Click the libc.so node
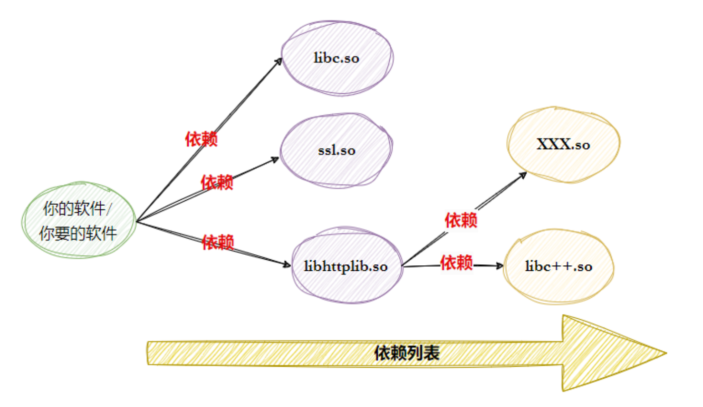[336, 58]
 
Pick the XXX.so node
[564, 145]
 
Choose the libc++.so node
[558, 266]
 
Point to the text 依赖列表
[407, 353]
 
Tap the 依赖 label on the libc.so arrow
[201, 139]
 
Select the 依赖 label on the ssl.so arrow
[217, 182]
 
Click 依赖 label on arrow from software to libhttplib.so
[218, 243]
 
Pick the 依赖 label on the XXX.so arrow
[461, 220]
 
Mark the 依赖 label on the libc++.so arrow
[456, 262]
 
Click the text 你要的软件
[79, 234]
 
